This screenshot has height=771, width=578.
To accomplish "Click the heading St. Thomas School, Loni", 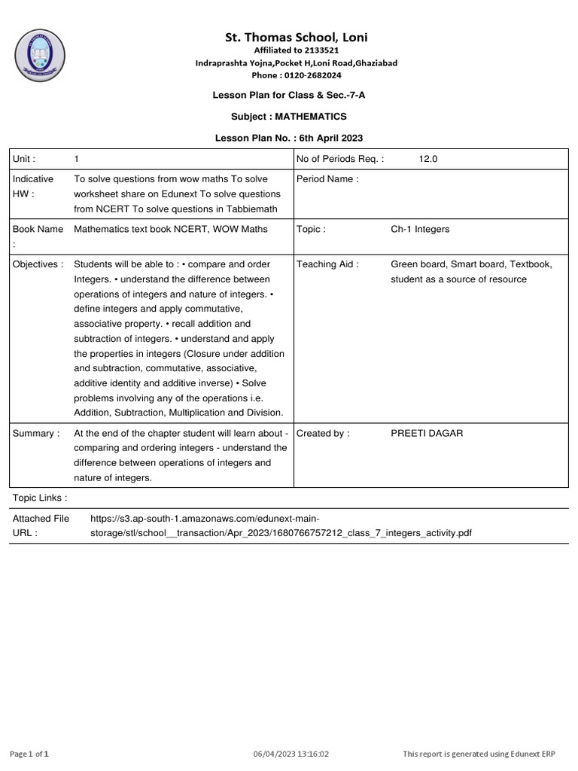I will pos(297,37).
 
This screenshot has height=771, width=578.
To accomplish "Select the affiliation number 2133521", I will pos(321,50).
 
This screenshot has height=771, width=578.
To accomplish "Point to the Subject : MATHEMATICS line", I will pos(289,117).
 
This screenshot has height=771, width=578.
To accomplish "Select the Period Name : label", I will pos(327,179).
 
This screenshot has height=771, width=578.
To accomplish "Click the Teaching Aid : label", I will pos(327,264).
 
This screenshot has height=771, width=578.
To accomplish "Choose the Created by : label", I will pos(323,434).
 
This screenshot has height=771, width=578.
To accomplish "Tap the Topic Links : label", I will pos(40,498).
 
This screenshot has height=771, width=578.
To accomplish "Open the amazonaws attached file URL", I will pos(280,526).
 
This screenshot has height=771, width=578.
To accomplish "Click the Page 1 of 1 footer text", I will pos(29,754).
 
